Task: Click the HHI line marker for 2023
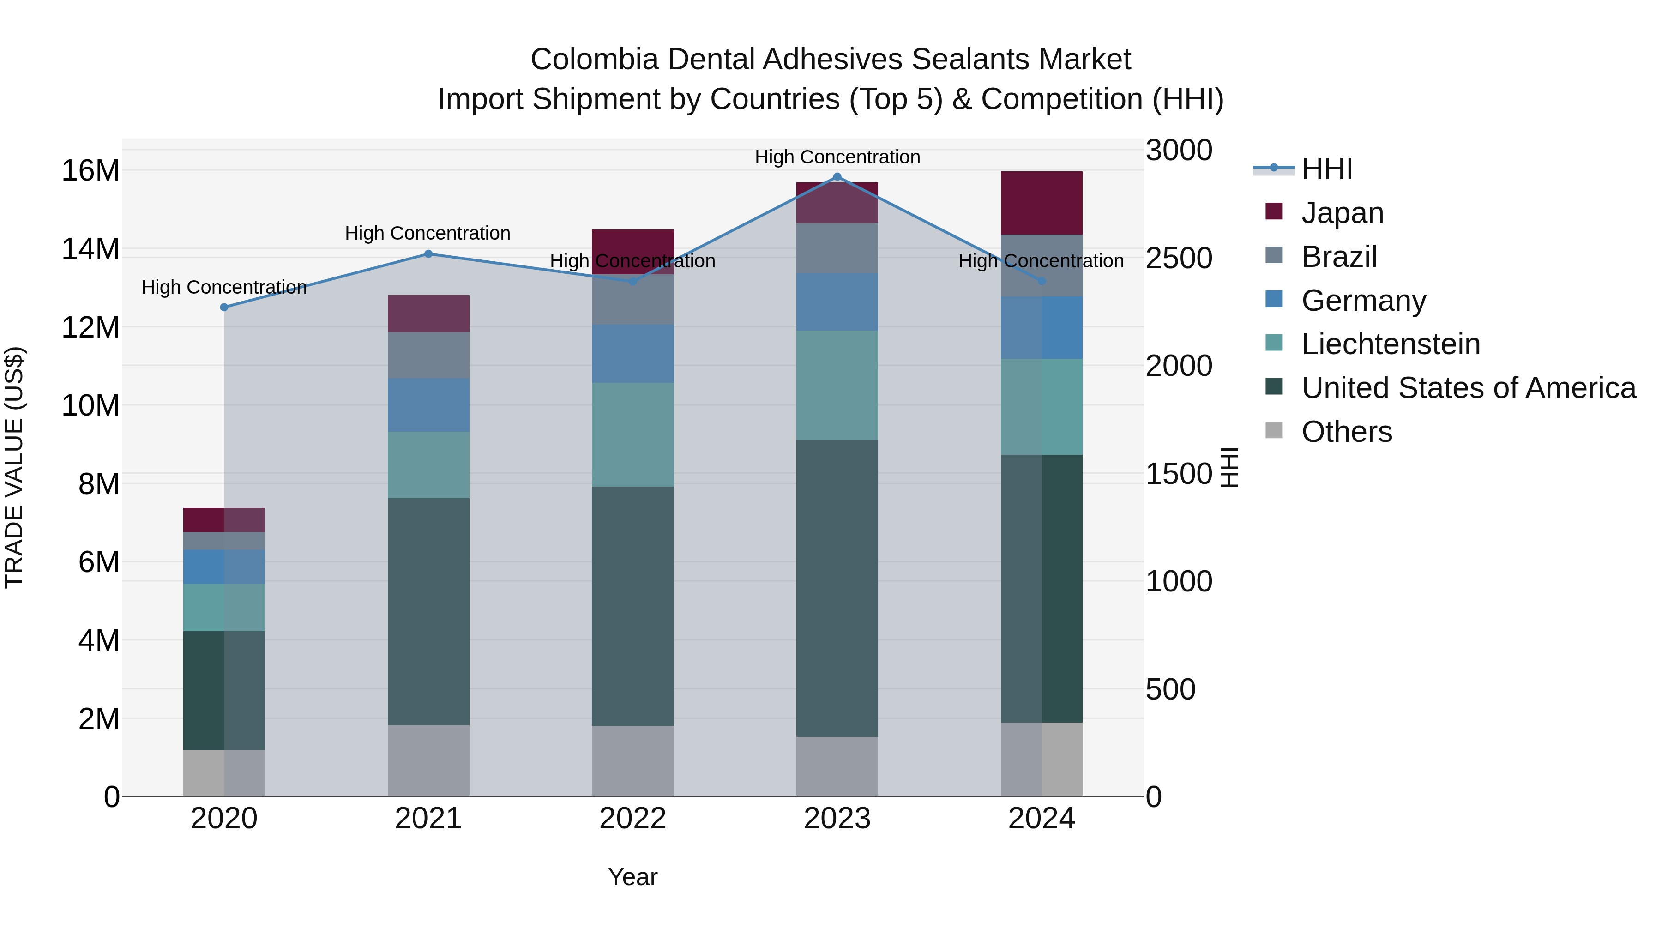pos(837,177)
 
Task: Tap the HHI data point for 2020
pos(224,307)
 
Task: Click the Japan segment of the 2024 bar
pos(1042,203)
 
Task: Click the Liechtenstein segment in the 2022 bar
pos(632,434)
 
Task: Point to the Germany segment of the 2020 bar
pos(224,567)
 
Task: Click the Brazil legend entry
pos(1339,257)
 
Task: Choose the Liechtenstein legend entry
pos(1391,344)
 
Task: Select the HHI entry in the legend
pos(1326,169)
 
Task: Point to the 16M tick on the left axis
pos(90,171)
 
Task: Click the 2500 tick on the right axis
pos(1179,258)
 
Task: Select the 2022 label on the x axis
pos(632,819)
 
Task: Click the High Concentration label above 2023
pos(837,157)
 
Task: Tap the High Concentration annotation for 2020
pos(224,287)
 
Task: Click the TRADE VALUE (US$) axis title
pos(14,467)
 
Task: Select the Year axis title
pos(632,877)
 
